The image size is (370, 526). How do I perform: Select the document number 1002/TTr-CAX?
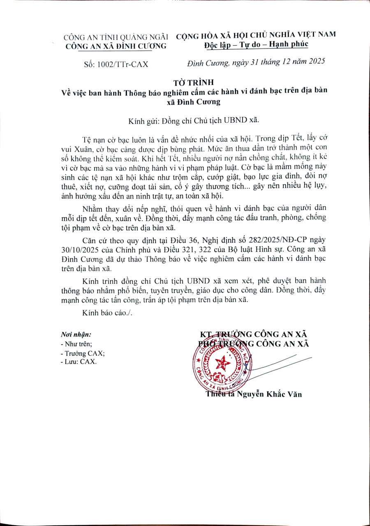pyautogui.click(x=122, y=64)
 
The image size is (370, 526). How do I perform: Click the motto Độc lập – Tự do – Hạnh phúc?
pyautogui.click(x=256, y=44)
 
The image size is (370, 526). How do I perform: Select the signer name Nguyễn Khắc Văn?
pyautogui.click(x=270, y=394)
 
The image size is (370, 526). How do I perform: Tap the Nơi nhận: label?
pyautogui.click(x=76, y=335)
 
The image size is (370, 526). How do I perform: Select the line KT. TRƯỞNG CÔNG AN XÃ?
pyautogui.click(x=253, y=334)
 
